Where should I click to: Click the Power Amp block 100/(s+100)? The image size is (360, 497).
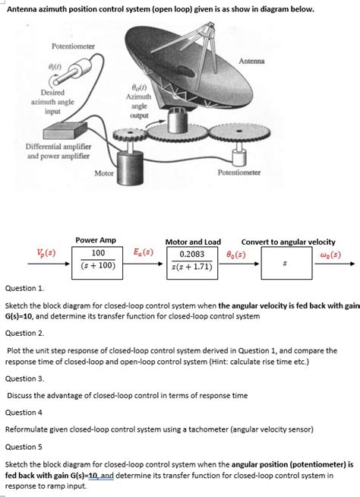pyautogui.click(x=97, y=263)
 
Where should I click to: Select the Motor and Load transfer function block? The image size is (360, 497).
pyautogui.click(x=192, y=263)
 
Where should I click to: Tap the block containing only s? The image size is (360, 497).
pyautogui.click(x=286, y=263)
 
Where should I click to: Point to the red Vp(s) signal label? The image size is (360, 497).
pyautogui.click(x=46, y=253)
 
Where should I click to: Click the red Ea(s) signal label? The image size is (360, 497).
pyautogui.click(x=144, y=252)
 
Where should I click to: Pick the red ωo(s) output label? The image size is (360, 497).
pyautogui.click(x=331, y=255)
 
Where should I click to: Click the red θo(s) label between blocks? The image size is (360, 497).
pyautogui.click(x=235, y=255)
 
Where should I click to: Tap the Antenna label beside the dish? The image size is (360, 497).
pyautogui.click(x=251, y=61)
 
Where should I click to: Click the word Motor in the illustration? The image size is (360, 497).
pyautogui.click(x=104, y=173)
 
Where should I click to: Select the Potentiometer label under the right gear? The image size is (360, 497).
pyautogui.click(x=239, y=173)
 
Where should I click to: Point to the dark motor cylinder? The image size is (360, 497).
pyautogui.click(x=131, y=167)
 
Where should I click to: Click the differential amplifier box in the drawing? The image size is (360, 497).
pyautogui.click(x=65, y=130)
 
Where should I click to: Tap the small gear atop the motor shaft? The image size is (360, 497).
pyautogui.click(x=130, y=135)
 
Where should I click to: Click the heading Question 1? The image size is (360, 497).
pyautogui.click(x=25, y=289)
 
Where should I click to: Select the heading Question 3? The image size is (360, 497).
pyautogui.click(x=25, y=378)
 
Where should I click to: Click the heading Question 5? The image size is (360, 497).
pyautogui.click(x=24, y=447)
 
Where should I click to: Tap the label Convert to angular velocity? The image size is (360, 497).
pyautogui.click(x=288, y=242)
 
